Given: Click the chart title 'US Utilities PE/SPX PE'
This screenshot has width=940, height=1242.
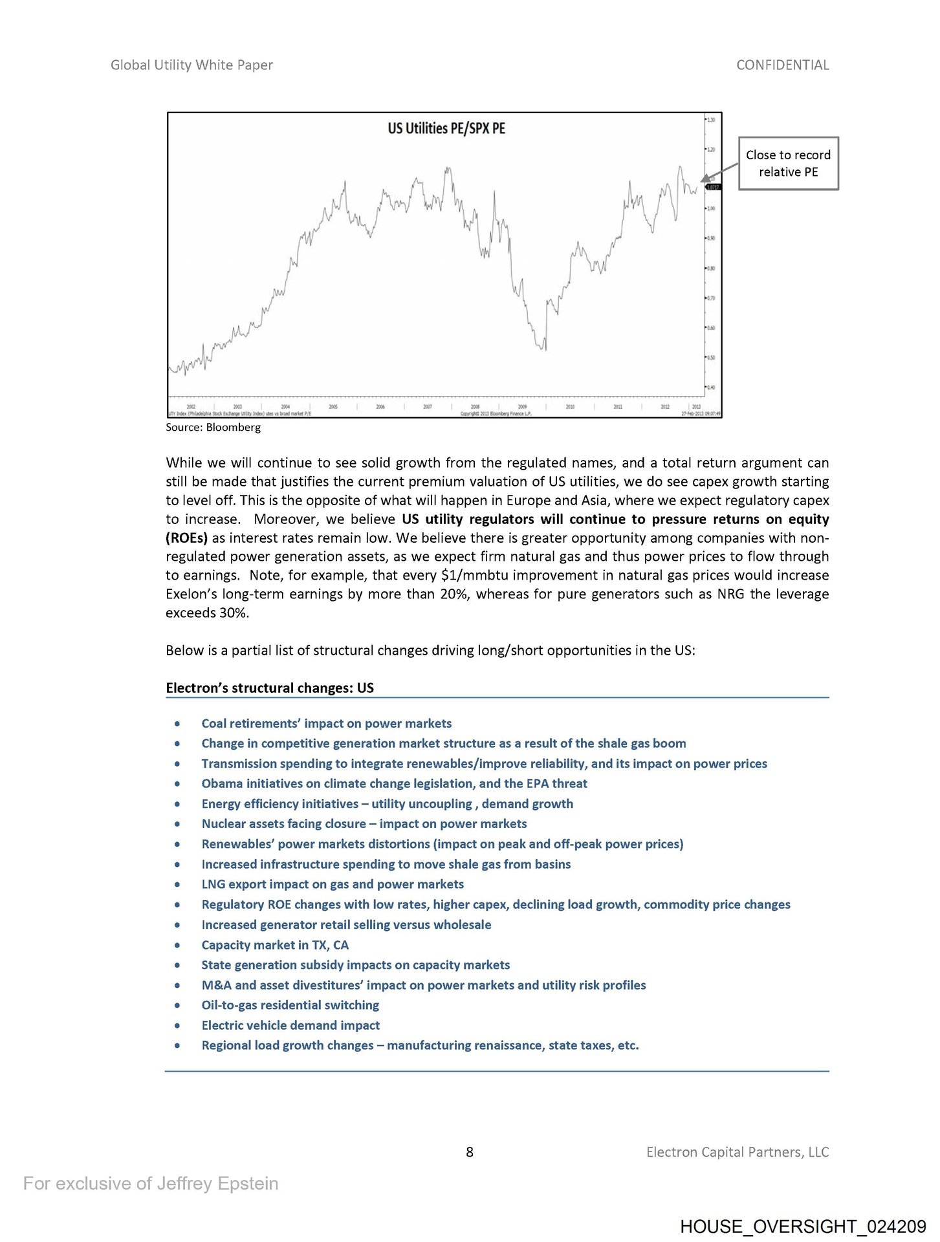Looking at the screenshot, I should coord(446,128).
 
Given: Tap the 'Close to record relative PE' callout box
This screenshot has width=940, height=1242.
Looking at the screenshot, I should coord(788,163).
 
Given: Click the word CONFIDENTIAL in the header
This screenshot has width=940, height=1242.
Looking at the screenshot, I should coord(782,65).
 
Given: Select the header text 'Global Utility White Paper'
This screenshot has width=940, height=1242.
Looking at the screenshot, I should coord(191,65).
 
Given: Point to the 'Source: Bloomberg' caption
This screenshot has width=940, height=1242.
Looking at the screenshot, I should coord(213,427).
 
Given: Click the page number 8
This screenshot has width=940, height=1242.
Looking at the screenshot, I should coord(470,1151).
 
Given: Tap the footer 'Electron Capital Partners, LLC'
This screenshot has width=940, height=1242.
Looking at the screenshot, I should coord(737,1151).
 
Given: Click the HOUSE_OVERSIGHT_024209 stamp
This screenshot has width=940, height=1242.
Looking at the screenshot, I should coord(803,1226).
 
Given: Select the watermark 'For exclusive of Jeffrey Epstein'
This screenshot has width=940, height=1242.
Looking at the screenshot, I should coord(151,1183).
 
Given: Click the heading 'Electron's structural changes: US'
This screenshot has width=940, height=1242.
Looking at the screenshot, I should coord(270,688).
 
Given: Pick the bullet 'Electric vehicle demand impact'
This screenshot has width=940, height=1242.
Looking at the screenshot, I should coord(290,1025).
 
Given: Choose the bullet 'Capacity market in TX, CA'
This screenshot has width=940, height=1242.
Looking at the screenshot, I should coord(275,944).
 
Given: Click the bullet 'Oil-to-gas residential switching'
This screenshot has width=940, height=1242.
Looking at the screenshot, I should coord(290,1005).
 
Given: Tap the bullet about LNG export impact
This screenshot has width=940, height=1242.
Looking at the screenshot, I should coord(333,884).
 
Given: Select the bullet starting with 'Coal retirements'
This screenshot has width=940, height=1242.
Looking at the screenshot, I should coord(326,723).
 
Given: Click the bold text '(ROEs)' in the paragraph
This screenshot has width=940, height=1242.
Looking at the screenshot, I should coord(186,538).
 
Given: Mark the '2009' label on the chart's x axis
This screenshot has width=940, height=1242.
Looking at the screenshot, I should coord(523,407).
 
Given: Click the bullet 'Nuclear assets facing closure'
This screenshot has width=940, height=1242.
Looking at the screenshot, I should coord(364,823).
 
